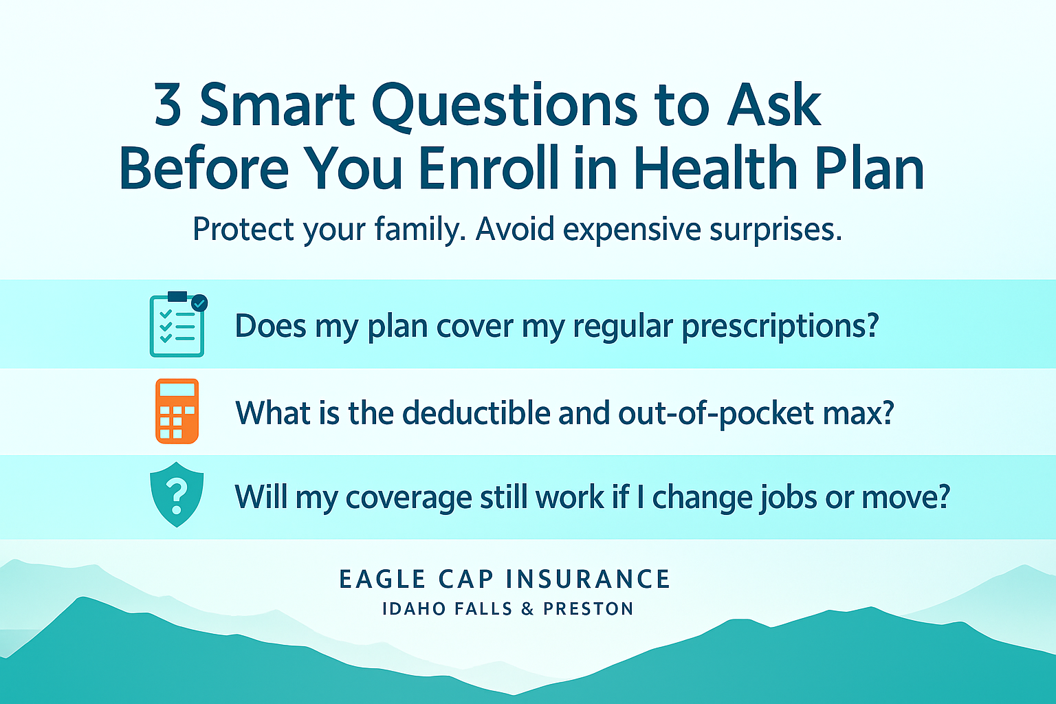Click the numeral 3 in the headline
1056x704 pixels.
pos(168,105)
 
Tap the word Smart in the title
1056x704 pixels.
pos(277,105)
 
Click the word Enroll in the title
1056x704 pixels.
pos(489,168)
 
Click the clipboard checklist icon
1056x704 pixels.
pos(177,324)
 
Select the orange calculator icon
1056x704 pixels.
pos(177,411)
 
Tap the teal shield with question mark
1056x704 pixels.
pos(177,494)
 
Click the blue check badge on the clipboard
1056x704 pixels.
pos(199,302)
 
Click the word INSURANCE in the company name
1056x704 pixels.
pos(588,580)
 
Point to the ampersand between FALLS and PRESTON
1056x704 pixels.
pos(528,609)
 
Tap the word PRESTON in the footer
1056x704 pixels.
pos(588,609)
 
